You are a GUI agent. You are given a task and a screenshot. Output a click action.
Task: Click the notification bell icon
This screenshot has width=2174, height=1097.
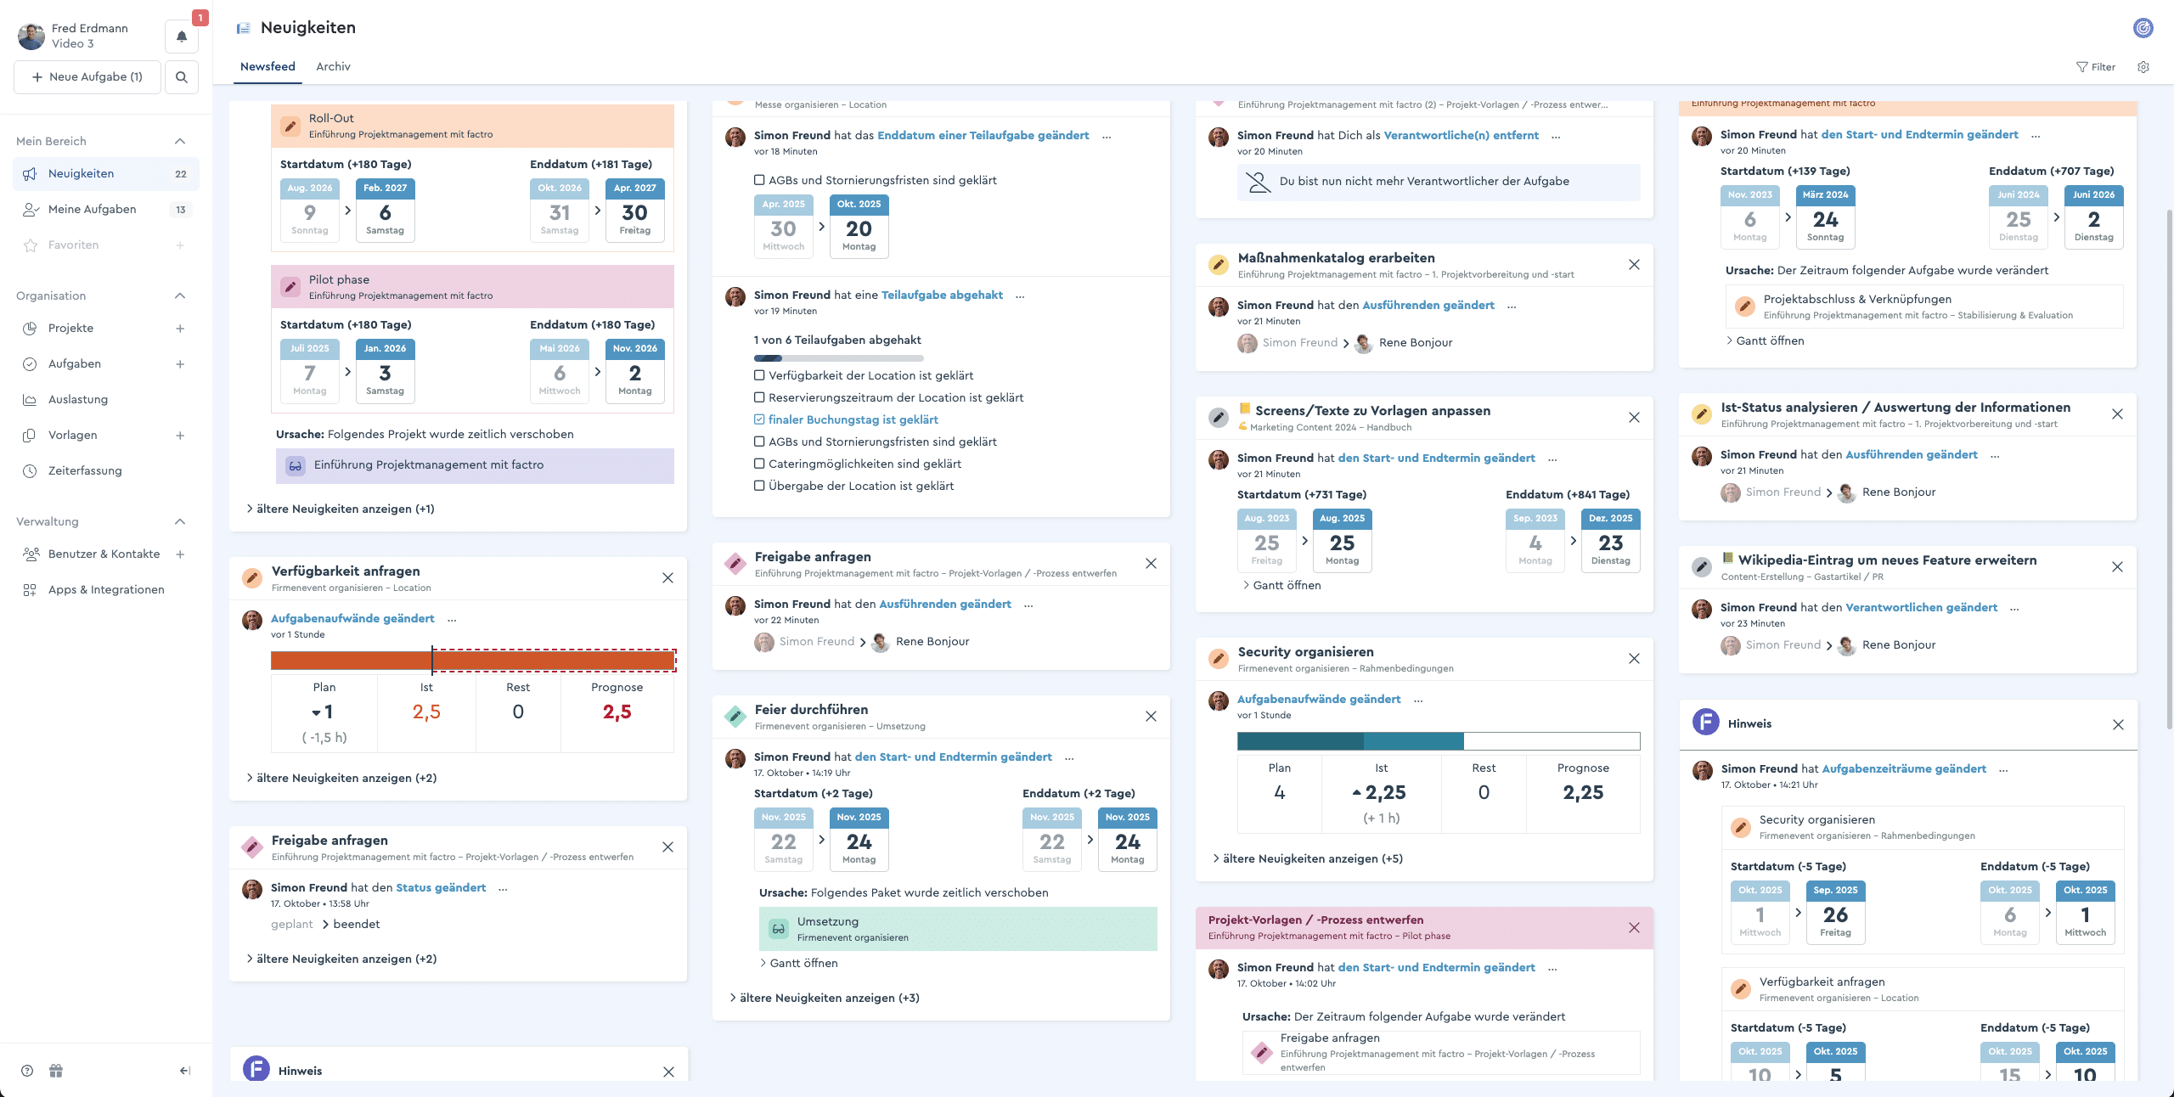[x=182, y=37]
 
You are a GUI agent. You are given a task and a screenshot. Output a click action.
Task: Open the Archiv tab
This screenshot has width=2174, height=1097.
[x=333, y=66]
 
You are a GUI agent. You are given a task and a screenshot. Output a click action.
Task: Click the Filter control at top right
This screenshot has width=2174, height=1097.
[x=2096, y=67]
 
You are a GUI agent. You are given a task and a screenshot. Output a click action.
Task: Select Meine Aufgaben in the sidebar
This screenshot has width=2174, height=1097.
[x=92, y=209]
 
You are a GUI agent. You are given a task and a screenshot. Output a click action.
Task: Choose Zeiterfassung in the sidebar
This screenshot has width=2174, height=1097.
[x=85, y=470]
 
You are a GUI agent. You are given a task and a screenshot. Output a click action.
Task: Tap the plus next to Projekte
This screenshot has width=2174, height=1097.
[x=180, y=329]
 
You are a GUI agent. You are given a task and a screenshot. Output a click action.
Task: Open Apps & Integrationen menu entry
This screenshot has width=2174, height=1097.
[x=106, y=589]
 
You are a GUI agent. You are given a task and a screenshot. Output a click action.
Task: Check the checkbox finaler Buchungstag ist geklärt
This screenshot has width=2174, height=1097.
[x=759, y=419]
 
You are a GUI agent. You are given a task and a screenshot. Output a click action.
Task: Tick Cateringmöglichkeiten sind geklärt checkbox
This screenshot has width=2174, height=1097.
[x=759, y=464]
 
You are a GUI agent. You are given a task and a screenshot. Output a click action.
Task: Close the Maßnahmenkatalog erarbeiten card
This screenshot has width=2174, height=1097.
[x=1634, y=265]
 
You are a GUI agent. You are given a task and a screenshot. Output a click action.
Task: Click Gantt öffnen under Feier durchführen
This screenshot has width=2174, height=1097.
[x=803, y=963]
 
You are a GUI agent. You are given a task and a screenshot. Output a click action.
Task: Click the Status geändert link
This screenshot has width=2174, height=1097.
[x=441, y=887]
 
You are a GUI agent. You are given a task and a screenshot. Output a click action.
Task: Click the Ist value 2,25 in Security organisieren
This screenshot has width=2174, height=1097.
[x=1385, y=792]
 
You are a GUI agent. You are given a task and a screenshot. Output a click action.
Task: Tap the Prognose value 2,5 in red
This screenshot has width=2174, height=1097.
[x=617, y=712]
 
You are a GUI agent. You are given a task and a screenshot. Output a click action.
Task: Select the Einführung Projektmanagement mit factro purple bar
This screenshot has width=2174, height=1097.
[x=474, y=465]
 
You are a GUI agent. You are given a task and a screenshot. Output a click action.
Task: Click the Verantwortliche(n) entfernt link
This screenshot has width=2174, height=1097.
[x=1461, y=135]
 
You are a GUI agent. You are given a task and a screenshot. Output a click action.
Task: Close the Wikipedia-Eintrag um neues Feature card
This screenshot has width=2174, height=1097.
[x=2117, y=567]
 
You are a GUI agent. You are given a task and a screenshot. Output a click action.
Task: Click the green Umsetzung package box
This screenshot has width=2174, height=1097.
[x=957, y=929]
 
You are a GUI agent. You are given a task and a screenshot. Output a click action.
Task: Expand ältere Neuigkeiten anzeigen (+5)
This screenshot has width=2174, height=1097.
[x=1312, y=858]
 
